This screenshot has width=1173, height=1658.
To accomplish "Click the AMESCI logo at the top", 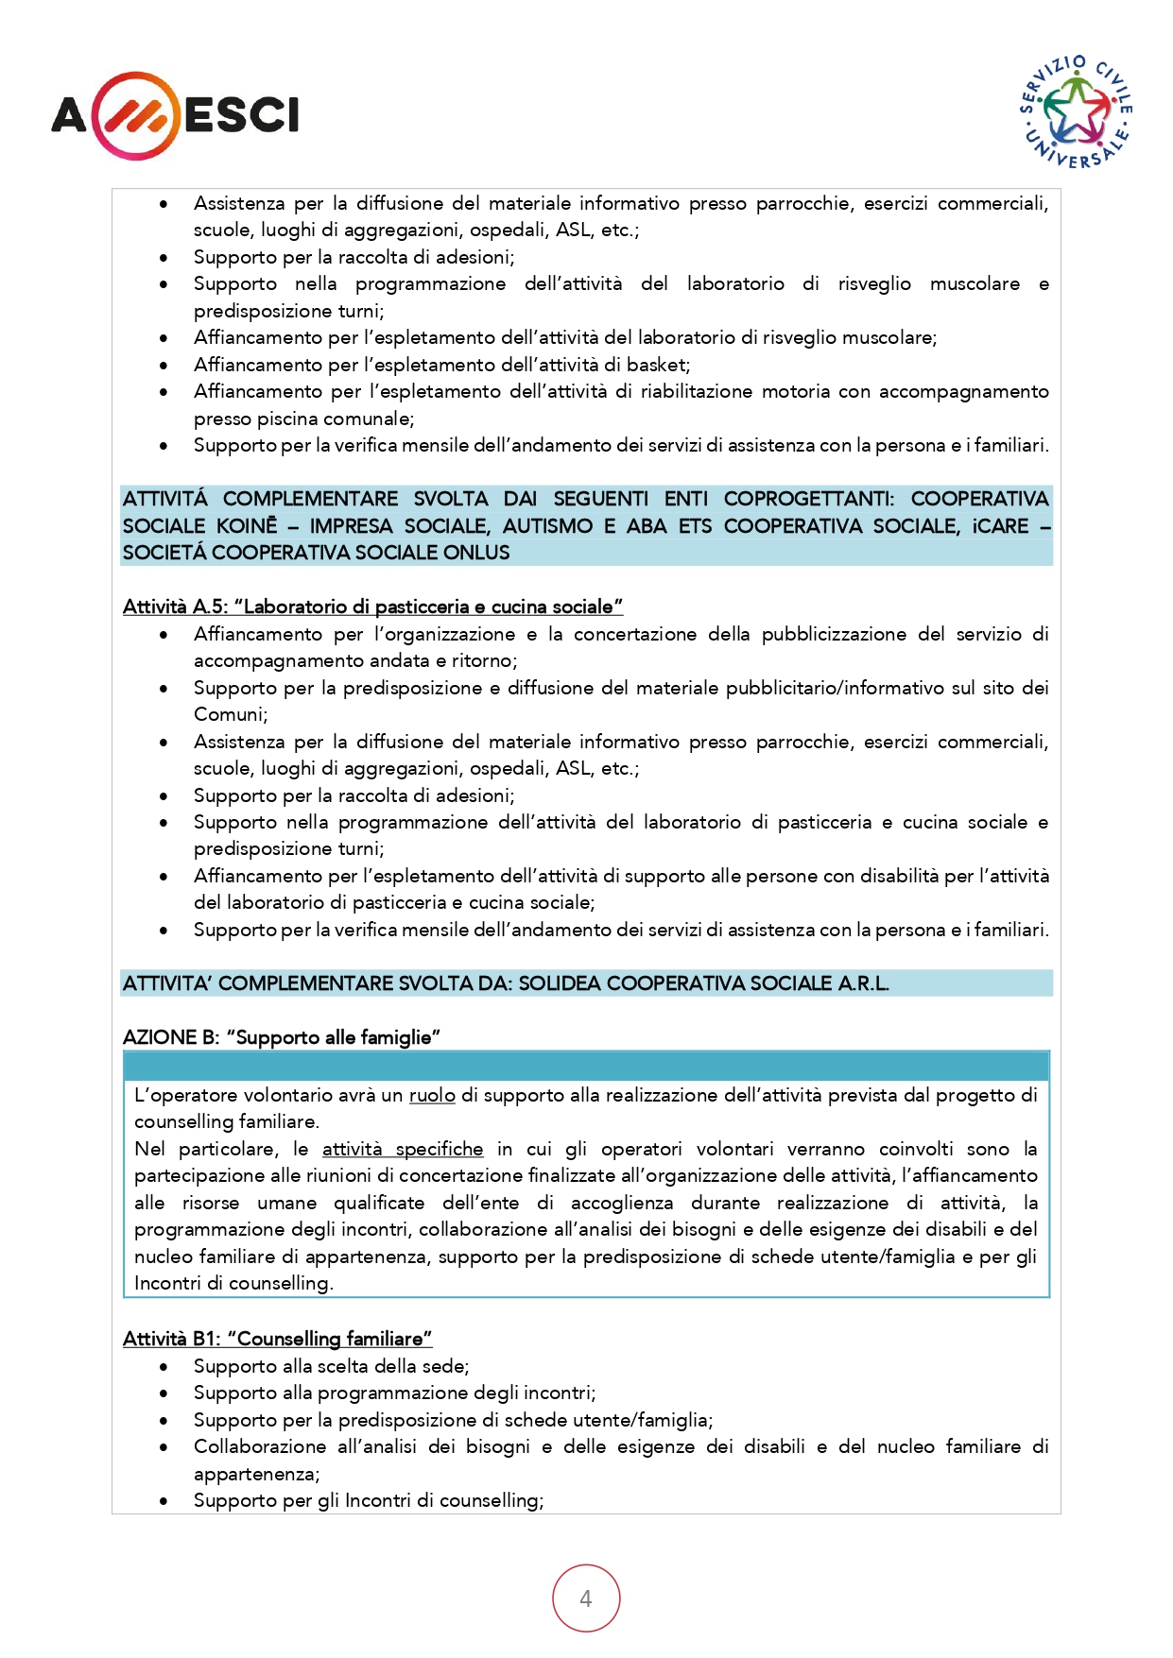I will [175, 115].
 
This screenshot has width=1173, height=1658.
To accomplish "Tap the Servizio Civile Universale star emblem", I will [1077, 111].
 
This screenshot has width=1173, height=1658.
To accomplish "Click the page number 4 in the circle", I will [586, 1598].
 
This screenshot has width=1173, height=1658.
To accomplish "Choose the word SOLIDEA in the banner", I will [559, 983].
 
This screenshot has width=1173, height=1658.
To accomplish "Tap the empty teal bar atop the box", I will [586, 1067].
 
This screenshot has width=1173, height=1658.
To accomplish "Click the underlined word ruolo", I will [432, 1095].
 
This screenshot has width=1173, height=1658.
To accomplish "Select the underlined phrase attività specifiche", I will [403, 1149].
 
